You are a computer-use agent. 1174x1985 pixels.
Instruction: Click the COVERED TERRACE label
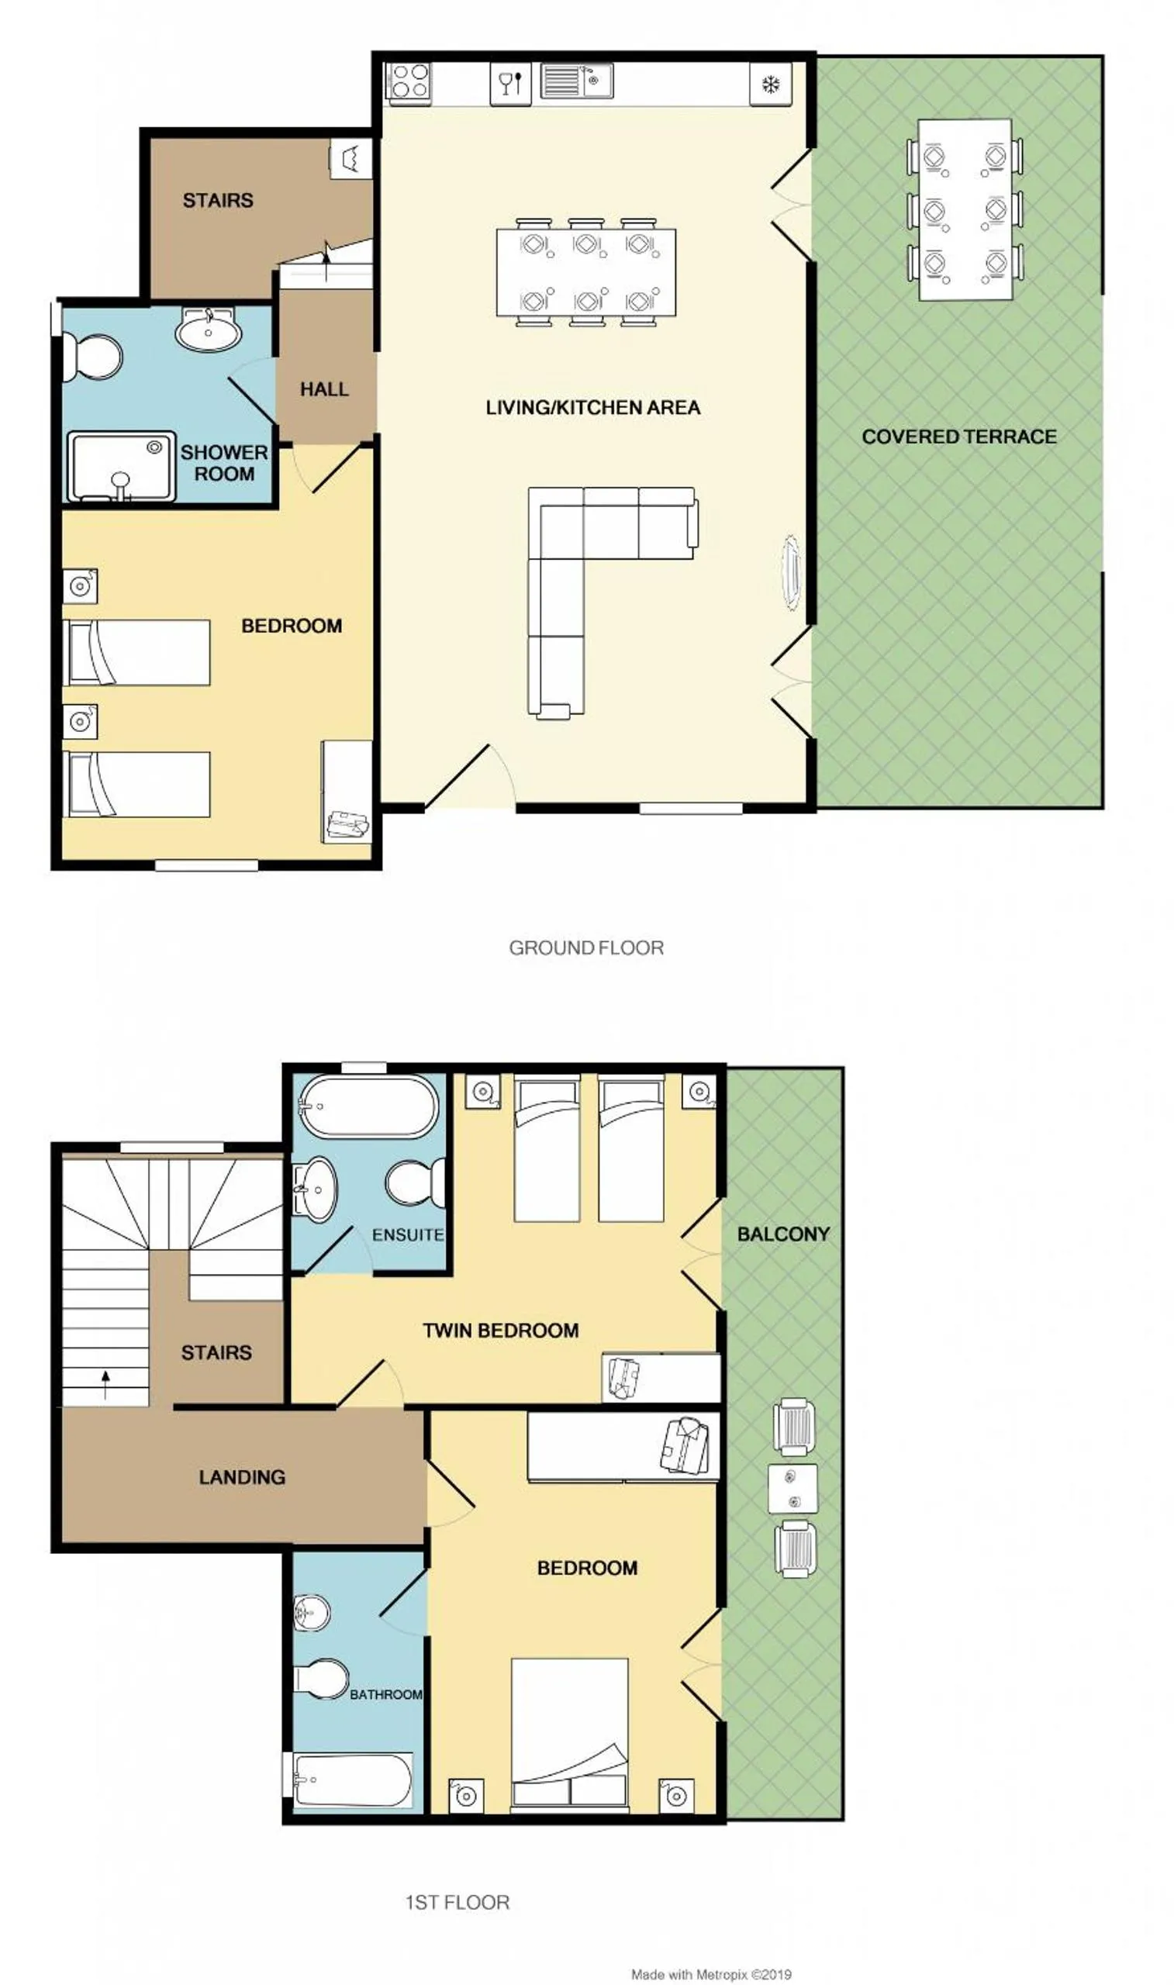(959, 437)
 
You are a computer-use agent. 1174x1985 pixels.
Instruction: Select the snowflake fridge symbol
(770, 85)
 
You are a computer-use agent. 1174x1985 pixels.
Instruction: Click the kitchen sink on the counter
(576, 81)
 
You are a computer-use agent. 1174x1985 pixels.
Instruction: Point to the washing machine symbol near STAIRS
(350, 159)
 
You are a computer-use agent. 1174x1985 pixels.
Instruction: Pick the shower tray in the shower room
(121, 467)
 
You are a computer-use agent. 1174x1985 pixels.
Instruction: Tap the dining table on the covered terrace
(965, 209)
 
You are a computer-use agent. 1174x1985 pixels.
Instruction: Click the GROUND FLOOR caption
(586, 948)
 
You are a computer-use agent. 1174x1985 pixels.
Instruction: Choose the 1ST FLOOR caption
(458, 1902)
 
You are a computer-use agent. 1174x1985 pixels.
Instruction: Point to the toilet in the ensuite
(416, 1182)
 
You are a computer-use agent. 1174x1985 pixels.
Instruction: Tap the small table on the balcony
(792, 1488)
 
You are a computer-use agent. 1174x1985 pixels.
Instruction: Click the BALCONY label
(783, 1234)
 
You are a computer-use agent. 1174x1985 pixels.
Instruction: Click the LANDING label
(242, 1476)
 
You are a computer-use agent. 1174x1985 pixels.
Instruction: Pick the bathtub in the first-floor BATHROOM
(353, 1780)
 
